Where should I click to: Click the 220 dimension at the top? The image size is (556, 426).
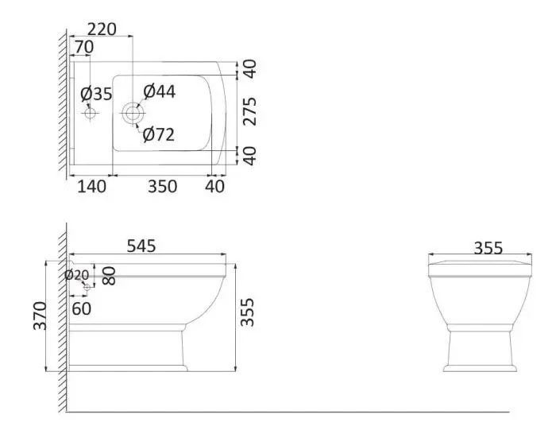(x=102, y=29)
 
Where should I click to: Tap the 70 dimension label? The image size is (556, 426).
(x=84, y=47)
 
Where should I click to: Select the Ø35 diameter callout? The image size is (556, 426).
(x=96, y=94)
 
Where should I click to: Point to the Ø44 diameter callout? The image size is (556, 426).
(x=159, y=91)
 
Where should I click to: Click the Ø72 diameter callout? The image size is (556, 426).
(x=159, y=135)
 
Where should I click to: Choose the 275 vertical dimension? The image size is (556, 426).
(x=249, y=111)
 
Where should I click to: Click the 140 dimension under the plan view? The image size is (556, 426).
(x=91, y=187)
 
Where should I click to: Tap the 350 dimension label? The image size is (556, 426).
(x=162, y=187)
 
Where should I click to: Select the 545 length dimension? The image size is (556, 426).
(x=141, y=246)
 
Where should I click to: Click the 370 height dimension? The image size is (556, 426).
(x=40, y=316)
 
